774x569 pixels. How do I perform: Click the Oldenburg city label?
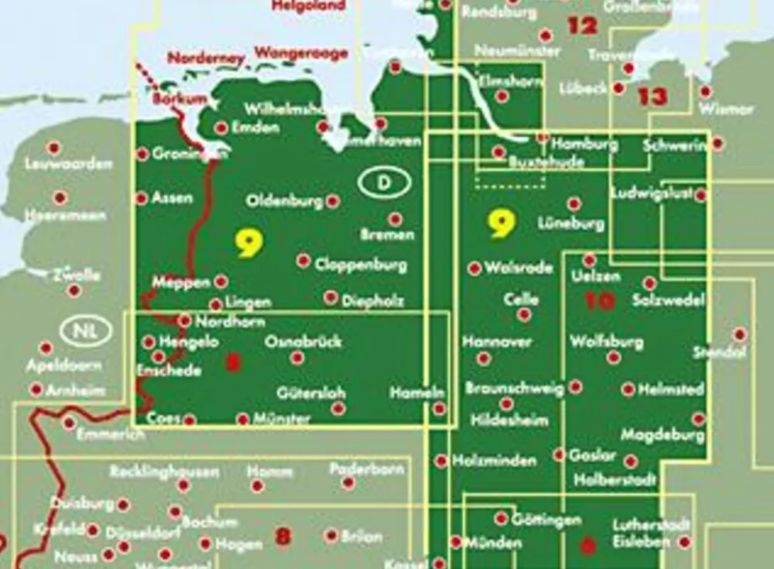point(284,201)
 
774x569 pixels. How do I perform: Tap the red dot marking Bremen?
point(395,219)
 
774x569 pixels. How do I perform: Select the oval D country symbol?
point(385,182)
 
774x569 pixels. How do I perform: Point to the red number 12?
point(582,26)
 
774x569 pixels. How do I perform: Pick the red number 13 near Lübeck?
point(652,97)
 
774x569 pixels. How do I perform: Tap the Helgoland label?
point(309,5)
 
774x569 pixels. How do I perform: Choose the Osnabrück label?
point(303,341)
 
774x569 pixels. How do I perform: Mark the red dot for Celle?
point(524,314)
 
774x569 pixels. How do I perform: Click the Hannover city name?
point(497,341)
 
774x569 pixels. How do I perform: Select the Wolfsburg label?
point(606,341)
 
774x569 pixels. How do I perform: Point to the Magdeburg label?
point(663,435)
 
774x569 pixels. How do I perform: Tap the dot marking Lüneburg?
point(574,204)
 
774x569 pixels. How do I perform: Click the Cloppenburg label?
point(361,265)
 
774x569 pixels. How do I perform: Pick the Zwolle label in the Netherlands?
point(77,275)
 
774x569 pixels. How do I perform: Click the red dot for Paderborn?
point(348,483)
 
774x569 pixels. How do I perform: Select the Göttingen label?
point(546,520)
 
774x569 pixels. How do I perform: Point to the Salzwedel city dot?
point(649,283)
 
